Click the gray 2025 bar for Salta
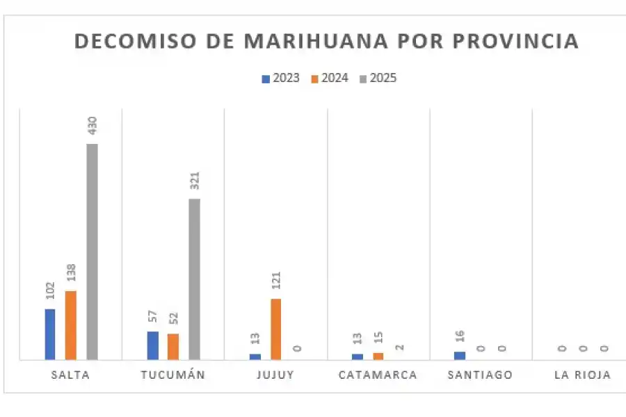92,252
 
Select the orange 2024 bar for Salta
71,325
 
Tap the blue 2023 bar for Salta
50,334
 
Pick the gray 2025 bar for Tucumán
194,279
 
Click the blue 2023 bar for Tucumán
152,345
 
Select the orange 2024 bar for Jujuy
276,329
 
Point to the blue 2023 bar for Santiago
460,356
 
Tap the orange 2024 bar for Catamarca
378,357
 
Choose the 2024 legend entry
329,78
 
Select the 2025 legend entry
378,78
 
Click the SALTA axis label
70,375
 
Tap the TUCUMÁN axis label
172,375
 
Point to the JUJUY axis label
275,375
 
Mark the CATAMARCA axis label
378,375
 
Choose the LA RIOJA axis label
582,375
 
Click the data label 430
92,126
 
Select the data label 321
195,181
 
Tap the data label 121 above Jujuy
276,281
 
